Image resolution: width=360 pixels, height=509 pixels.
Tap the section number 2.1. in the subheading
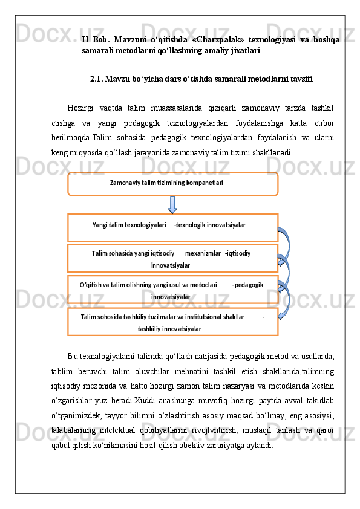click(x=99, y=79)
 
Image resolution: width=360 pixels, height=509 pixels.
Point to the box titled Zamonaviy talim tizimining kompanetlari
click(x=172, y=184)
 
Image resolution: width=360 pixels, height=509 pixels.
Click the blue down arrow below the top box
click(x=172, y=204)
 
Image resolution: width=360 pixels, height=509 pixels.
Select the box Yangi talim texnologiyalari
click(x=172, y=226)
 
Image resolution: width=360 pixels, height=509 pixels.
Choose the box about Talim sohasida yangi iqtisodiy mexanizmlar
click(x=172, y=259)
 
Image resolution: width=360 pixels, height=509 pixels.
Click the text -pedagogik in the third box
click(x=247, y=284)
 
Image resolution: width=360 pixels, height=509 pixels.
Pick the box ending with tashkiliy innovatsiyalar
click(x=172, y=322)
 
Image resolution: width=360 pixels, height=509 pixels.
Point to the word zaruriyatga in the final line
click(x=226, y=445)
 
